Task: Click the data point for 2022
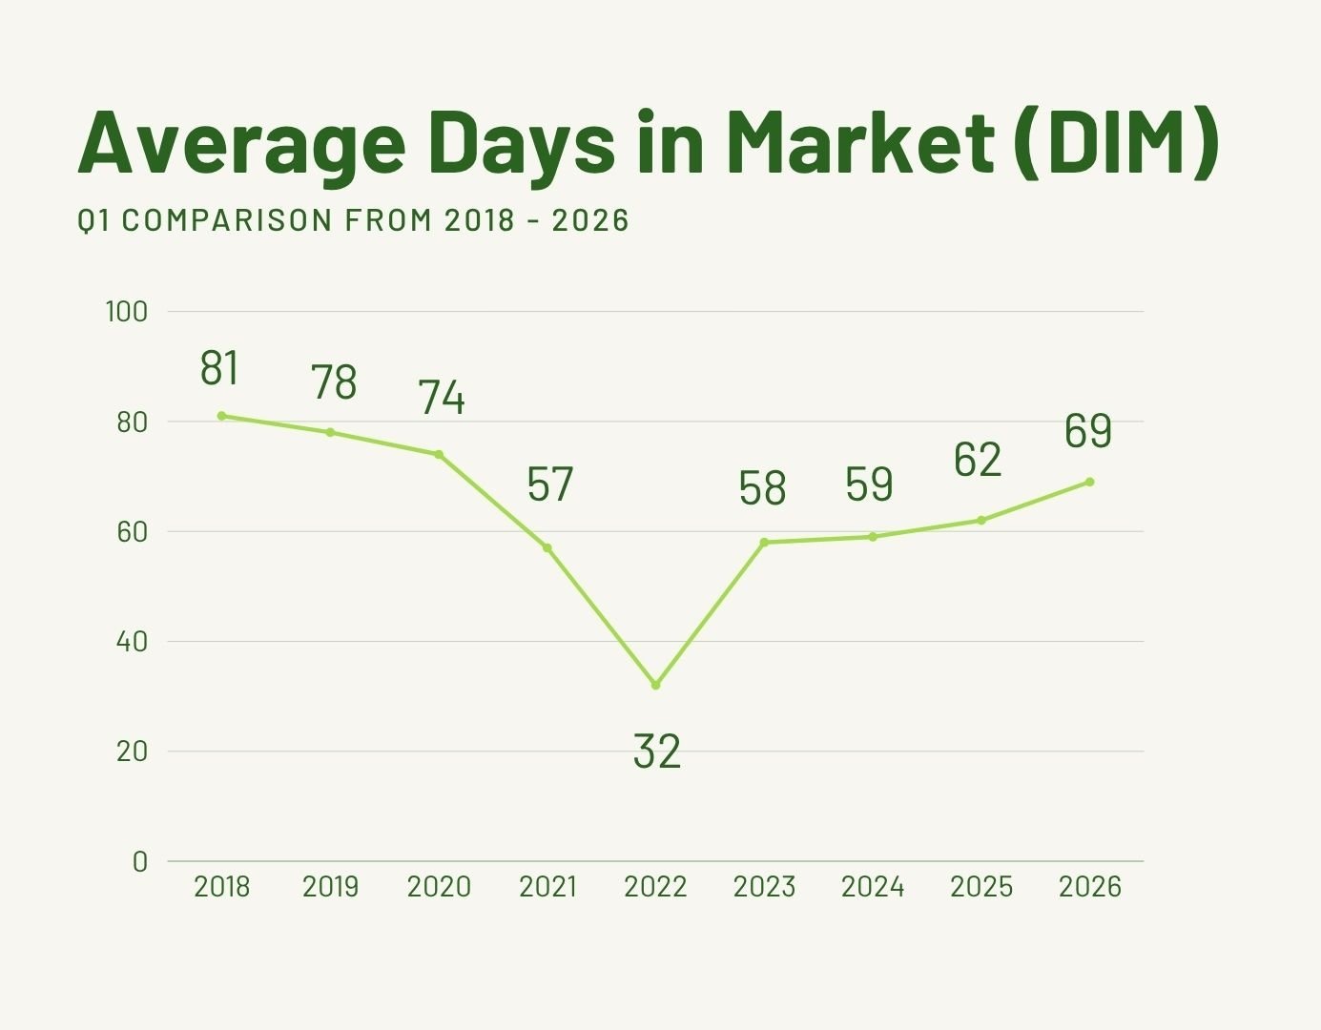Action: (x=655, y=685)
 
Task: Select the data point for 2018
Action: (x=221, y=416)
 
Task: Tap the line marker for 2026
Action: (x=1089, y=482)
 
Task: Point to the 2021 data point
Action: (x=547, y=547)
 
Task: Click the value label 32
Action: (x=657, y=752)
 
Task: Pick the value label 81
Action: (x=219, y=369)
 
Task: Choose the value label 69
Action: (x=1088, y=431)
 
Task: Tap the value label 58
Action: (x=762, y=488)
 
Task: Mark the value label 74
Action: (x=442, y=398)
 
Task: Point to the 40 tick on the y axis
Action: (x=133, y=641)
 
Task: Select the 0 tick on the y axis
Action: (x=140, y=861)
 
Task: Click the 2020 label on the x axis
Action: (x=439, y=887)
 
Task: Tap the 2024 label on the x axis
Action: (x=873, y=887)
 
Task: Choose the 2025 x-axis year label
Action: (x=981, y=887)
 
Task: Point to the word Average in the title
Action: (x=241, y=143)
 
